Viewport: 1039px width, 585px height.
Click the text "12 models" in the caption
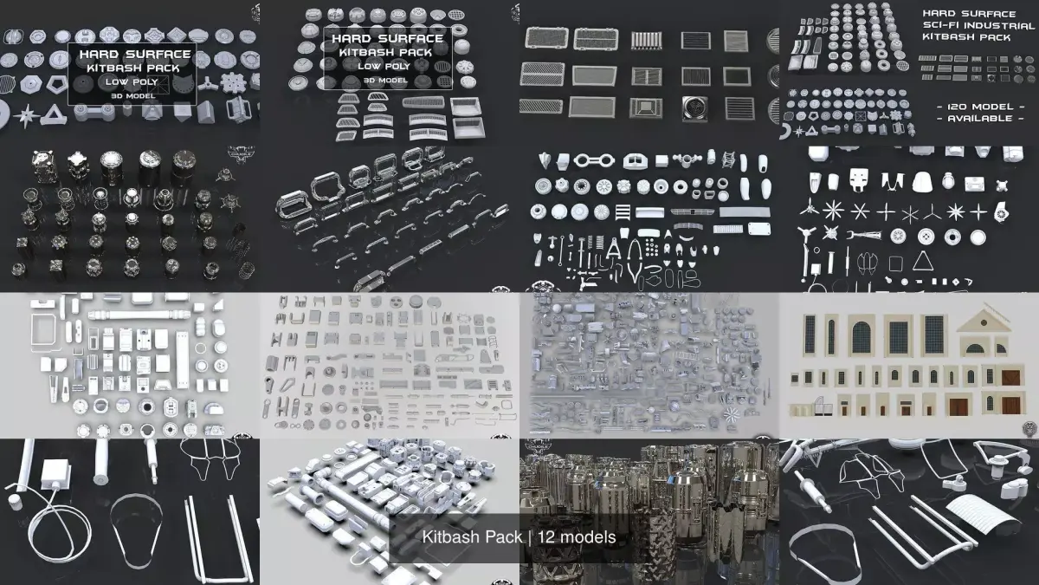[x=577, y=537]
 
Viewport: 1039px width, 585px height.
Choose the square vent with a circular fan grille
[x=694, y=107]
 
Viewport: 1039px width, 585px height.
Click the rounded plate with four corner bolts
[x=759, y=227]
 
